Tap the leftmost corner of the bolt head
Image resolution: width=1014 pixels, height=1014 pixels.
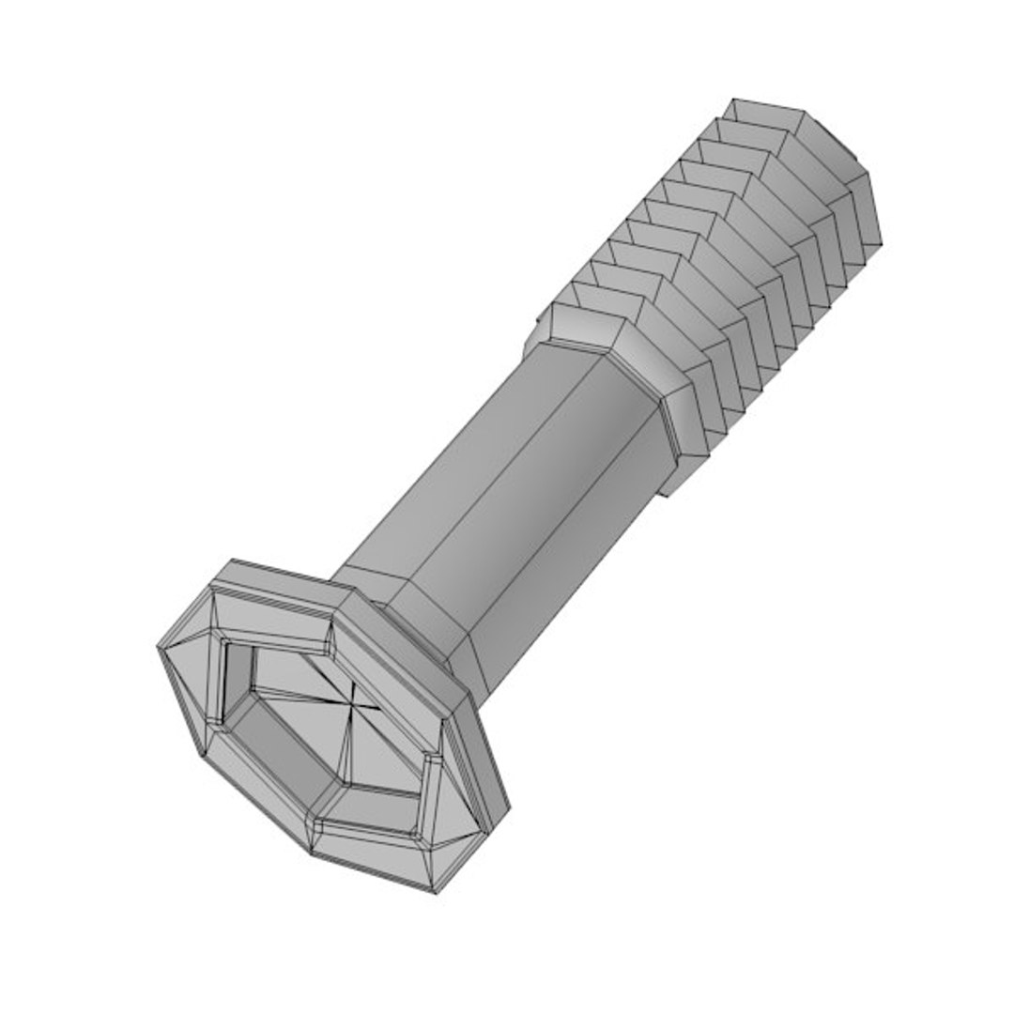pos(158,646)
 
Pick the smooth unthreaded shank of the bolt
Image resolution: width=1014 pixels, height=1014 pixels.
pos(526,488)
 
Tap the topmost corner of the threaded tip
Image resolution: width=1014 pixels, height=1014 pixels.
pos(734,99)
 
